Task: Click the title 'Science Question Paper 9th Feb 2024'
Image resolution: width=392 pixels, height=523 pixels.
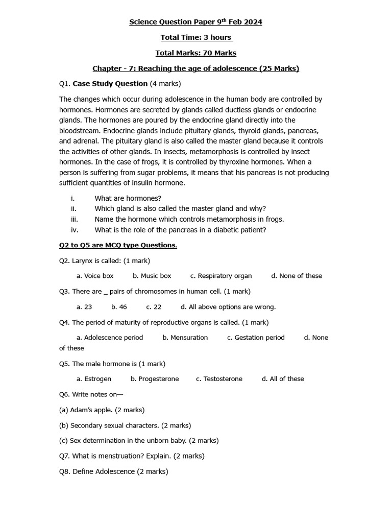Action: coord(195,22)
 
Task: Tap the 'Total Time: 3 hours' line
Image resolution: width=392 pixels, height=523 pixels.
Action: coord(196,37)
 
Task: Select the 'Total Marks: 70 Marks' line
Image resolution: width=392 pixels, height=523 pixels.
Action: coord(195,53)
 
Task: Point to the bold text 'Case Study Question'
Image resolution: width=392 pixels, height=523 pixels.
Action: coord(110,83)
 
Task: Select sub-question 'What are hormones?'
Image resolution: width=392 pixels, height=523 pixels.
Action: coord(128,198)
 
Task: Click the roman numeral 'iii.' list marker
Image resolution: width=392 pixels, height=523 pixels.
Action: coord(74,219)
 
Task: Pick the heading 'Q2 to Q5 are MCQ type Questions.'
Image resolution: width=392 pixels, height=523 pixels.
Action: coord(118,245)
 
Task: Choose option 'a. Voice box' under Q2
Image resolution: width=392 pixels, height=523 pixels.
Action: coord(95,276)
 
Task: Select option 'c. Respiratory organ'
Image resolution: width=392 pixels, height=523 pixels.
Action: coord(221,276)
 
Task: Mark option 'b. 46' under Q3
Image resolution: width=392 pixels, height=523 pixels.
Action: coord(119,307)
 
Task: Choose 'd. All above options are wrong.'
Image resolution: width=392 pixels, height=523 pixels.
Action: coord(228,307)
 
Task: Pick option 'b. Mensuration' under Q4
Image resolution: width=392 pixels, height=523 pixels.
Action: coord(185,338)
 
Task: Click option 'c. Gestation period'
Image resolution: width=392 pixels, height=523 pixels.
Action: coord(256,338)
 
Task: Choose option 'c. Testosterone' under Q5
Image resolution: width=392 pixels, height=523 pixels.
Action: coord(219,379)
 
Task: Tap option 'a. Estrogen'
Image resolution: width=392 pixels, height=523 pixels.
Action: coord(94,379)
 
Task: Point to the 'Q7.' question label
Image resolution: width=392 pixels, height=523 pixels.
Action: coord(65,456)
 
